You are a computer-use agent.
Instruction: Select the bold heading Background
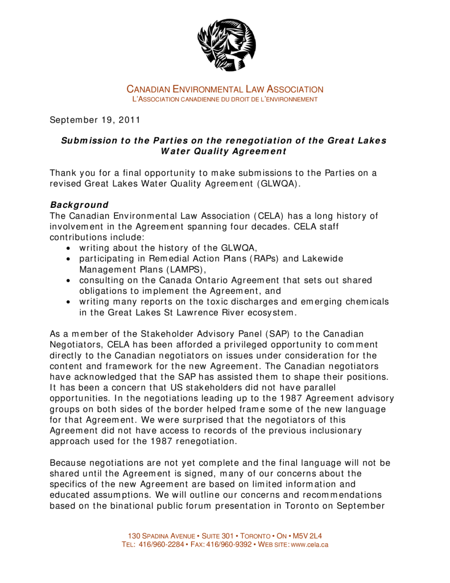[79, 204]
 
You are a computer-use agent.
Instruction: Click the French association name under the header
[225, 100]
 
